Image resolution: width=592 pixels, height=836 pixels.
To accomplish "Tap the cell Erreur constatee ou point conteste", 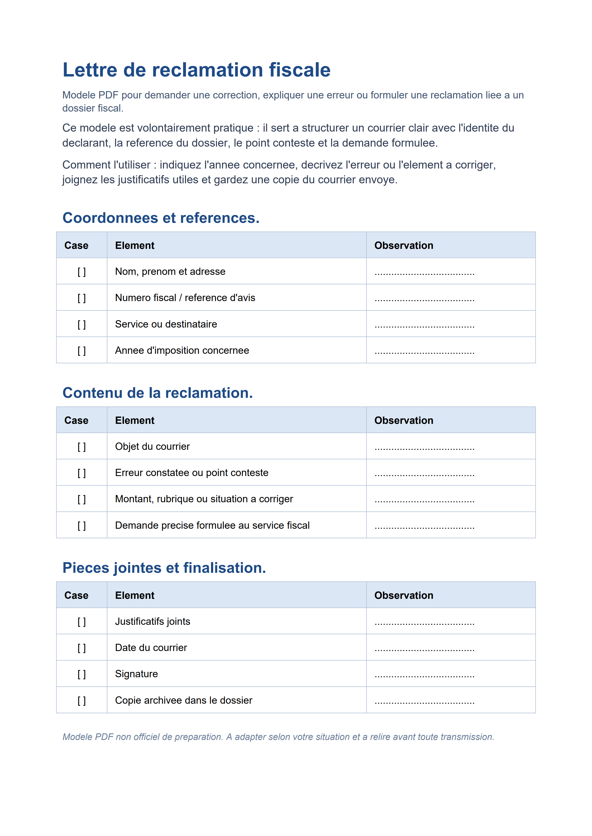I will (191, 473).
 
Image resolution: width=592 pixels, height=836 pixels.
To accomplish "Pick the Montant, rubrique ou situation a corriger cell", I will (204, 499).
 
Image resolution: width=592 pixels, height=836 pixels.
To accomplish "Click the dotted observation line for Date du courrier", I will (424, 649).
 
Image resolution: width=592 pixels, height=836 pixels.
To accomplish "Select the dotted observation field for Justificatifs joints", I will (424, 623).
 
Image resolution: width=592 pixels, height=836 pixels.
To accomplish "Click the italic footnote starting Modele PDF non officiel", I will (278, 737).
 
